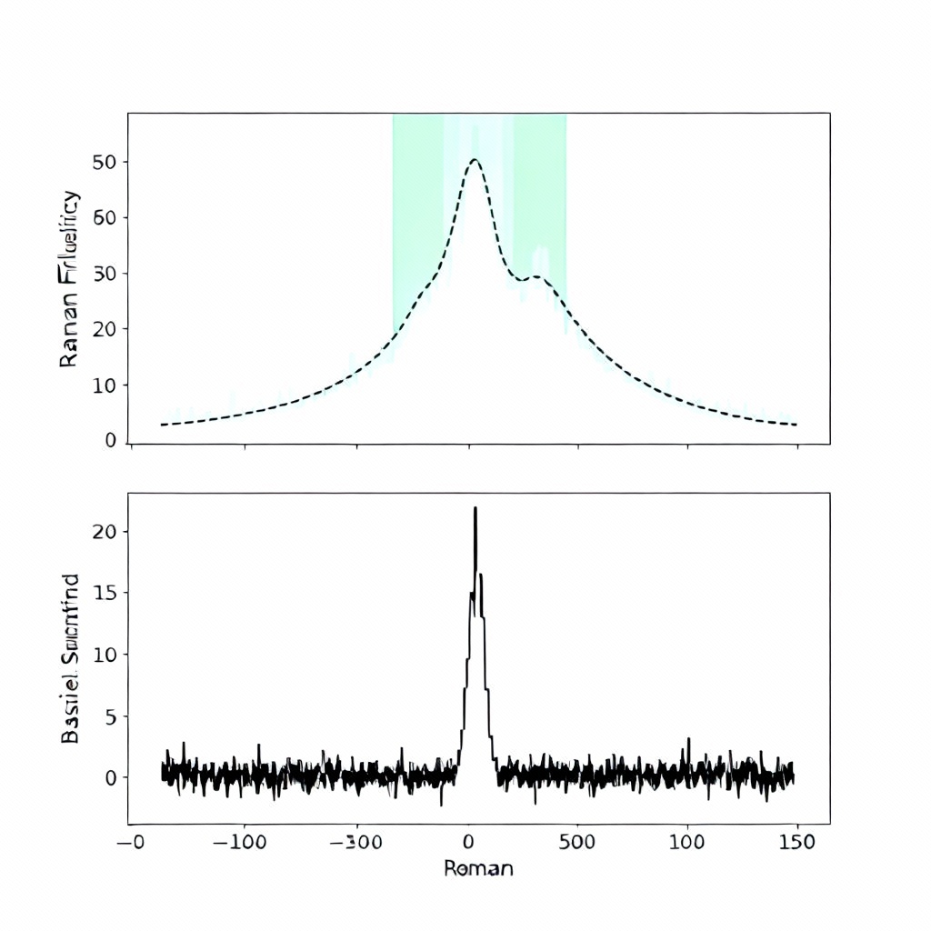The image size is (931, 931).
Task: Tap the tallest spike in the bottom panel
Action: [475, 509]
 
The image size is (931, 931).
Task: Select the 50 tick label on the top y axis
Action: [105, 162]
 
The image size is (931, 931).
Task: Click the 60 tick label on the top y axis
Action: [105, 217]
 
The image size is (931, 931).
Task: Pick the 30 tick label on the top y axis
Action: [105, 274]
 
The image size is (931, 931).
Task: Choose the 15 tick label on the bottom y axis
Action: [105, 593]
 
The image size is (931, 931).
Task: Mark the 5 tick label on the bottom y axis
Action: [112, 716]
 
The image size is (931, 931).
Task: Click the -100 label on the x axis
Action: [241, 841]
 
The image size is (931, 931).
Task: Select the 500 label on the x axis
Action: [577, 841]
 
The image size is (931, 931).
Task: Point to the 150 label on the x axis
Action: [796, 841]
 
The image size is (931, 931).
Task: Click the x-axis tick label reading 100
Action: [687, 841]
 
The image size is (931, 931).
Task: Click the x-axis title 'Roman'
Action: [478, 868]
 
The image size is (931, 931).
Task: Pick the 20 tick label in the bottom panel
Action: [105, 531]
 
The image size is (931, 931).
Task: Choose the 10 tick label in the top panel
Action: [105, 385]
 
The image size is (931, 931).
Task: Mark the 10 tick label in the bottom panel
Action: [105, 655]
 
